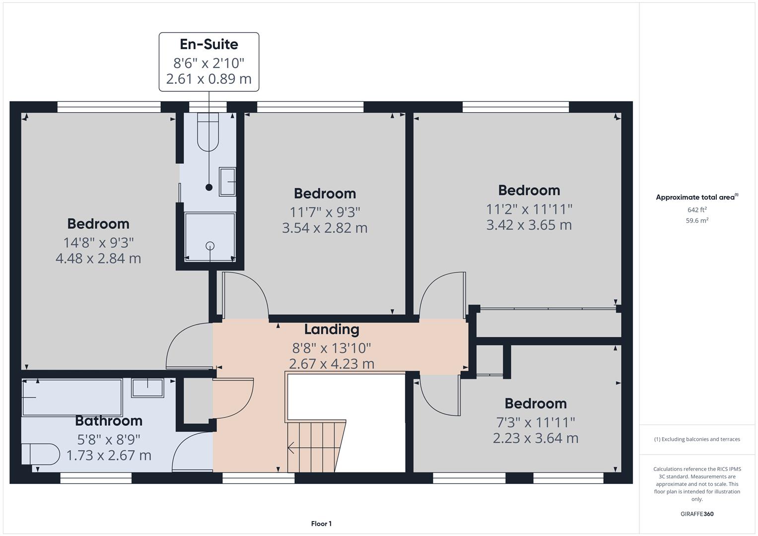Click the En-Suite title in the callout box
pos(208,44)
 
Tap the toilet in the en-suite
pos(208,132)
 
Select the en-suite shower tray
pos(210,237)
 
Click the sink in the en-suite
pos(228,182)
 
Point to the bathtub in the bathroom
pos(72,397)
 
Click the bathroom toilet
pos(40,454)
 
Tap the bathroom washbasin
pos(147,388)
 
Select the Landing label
pos(331,330)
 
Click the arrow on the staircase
pos(292,447)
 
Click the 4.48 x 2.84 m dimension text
pos(98,259)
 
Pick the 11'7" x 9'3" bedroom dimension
pos(325,212)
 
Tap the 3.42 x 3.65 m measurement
pos(529,225)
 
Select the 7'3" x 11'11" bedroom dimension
pos(536,422)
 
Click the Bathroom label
pos(109,421)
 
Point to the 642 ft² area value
pos(696,209)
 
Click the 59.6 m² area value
pos(696,220)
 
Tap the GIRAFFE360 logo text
pos(696,514)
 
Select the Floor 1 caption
pos(321,524)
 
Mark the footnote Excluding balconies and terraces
pos(696,439)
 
